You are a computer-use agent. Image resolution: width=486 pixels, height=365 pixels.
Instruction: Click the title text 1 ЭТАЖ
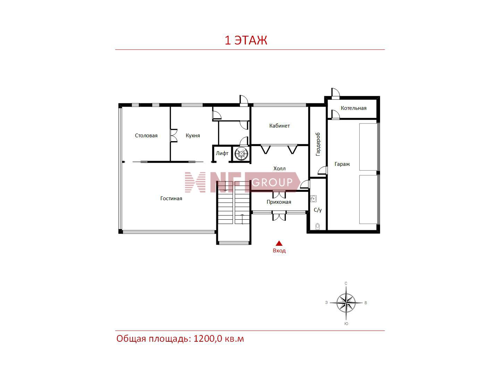(x=246, y=40)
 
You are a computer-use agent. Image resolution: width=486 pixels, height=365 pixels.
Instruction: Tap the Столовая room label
(x=146, y=136)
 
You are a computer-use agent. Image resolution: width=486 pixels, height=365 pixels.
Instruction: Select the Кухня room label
(x=193, y=136)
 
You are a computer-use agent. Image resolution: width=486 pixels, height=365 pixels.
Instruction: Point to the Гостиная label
(x=171, y=198)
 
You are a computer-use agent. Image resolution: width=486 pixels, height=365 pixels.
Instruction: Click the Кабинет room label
(x=279, y=125)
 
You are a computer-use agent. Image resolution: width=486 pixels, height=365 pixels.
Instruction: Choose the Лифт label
(x=222, y=153)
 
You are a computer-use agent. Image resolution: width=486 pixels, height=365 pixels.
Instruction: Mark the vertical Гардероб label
(x=318, y=144)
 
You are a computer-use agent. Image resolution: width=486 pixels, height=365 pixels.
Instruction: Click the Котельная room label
(x=354, y=108)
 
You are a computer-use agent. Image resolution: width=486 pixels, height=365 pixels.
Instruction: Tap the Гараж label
(x=342, y=164)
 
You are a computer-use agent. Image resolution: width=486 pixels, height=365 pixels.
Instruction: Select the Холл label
(x=279, y=169)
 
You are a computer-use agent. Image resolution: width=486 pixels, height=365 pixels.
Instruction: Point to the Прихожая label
(x=279, y=202)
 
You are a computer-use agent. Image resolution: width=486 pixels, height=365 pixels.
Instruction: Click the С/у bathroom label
(x=318, y=210)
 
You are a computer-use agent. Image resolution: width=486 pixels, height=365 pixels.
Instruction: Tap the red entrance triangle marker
(x=279, y=244)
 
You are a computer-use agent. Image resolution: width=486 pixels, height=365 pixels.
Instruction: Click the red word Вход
(x=279, y=251)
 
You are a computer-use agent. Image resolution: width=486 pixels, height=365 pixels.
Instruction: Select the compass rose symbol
(x=346, y=302)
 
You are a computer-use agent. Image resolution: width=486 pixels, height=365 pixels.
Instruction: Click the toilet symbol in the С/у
(x=318, y=226)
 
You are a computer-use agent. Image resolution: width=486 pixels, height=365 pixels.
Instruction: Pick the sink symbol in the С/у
(x=313, y=198)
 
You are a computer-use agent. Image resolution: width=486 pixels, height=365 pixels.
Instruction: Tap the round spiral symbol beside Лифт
(x=241, y=154)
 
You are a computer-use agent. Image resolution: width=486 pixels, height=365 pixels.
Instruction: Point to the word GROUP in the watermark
(x=272, y=182)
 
